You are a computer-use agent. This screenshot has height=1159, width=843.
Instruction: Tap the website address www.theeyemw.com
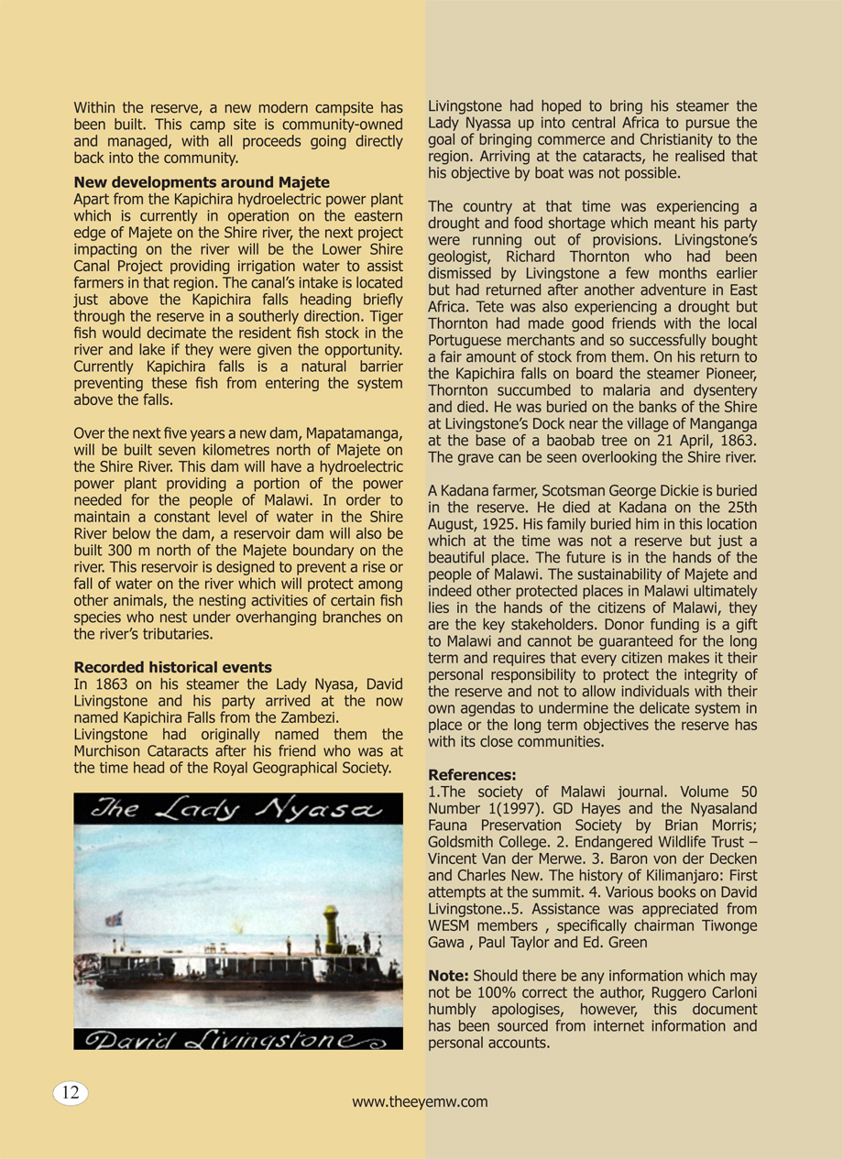(420, 1102)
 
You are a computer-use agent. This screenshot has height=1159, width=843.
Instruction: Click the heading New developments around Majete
(202, 182)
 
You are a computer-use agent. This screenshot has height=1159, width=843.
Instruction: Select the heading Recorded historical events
(172, 667)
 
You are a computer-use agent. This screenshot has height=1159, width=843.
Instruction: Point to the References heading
(472, 775)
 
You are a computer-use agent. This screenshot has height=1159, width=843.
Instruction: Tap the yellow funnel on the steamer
(328, 924)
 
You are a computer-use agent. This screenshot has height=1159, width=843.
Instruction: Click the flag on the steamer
(115, 917)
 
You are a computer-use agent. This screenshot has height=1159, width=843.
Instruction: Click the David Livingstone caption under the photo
(234, 1038)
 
